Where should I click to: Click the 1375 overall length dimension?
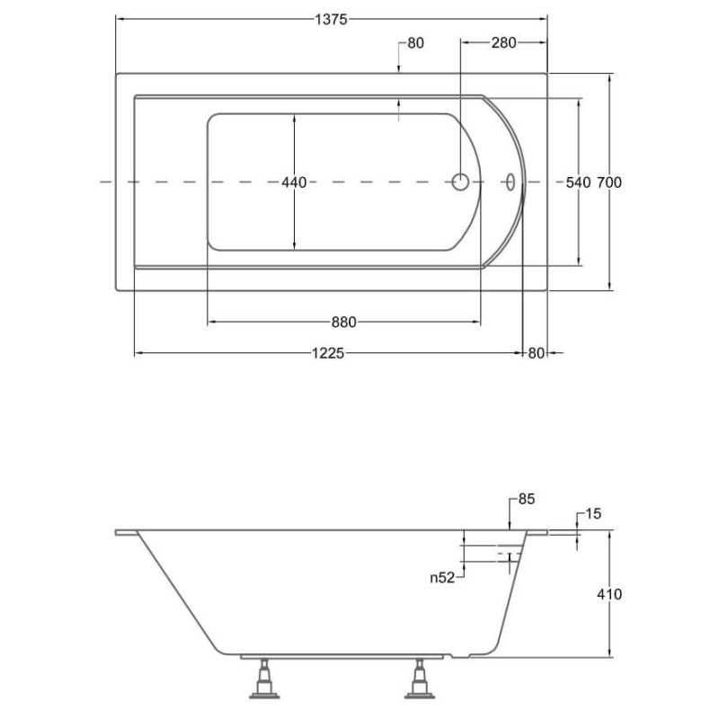pyautogui.click(x=331, y=19)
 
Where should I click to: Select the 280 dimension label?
pyautogui.click(x=503, y=42)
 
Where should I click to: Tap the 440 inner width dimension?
pyautogui.click(x=294, y=182)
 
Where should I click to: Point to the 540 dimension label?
pyautogui.click(x=578, y=182)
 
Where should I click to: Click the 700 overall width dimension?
pyautogui.click(x=609, y=182)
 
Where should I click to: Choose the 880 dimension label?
pyautogui.click(x=343, y=323)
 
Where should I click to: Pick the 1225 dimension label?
pyautogui.click(x=328, y=353)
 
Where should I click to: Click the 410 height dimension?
pyautogui.click(x=609, y=594)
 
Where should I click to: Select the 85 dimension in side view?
pyautogui.click(x=527, y=499)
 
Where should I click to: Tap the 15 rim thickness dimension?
pyautogui.click(x=592, y=514)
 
